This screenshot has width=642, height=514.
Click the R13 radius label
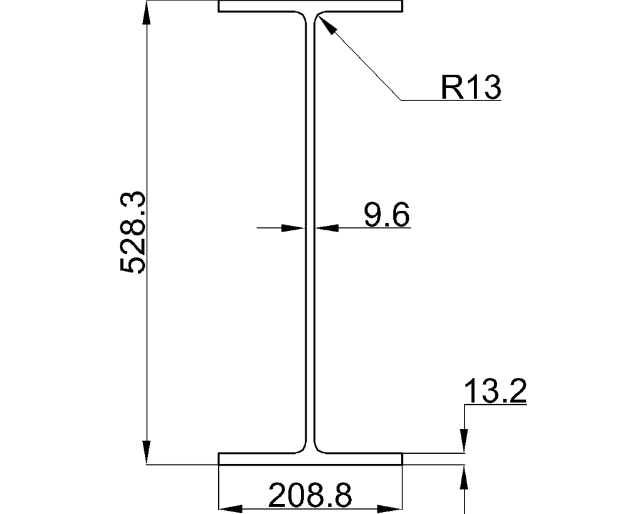tap(470, 88)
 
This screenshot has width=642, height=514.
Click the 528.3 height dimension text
tap(133, 233)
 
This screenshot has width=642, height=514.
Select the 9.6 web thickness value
tap(387, 215)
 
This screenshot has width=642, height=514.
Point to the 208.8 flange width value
tap(310, 496)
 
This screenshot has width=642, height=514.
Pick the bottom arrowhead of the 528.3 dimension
tap(147, 452)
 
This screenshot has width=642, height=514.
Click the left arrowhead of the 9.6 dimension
tap(294, 228)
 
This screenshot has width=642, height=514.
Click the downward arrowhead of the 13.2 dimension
tap(464, 440)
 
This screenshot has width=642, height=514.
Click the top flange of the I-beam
tap(310, 7)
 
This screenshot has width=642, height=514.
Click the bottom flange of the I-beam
tap(310, 459)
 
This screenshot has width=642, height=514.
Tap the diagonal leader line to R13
tap(364, 63)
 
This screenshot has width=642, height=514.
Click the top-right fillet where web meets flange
tap(318, 16)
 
